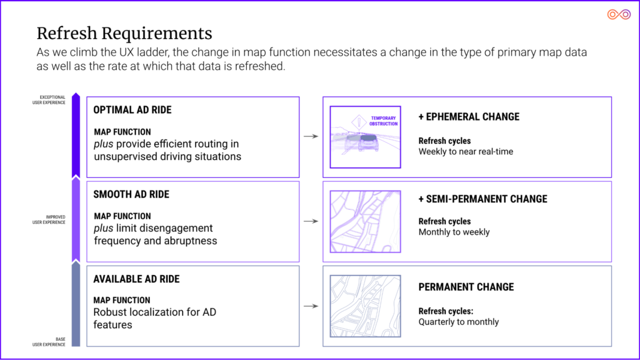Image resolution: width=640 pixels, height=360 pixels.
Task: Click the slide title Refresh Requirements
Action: [125, 34]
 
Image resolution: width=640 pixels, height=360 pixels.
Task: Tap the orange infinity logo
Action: [619, 15]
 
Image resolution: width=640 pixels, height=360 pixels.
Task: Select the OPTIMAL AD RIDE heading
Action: [132, 110]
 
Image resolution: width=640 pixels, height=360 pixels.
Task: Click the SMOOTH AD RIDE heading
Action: [131, 194]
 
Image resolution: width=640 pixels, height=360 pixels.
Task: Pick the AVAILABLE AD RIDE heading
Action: [136, 279]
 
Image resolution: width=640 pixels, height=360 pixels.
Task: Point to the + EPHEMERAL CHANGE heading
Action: [469, 117]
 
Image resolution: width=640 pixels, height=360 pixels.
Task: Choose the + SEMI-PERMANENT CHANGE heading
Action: [483, 199]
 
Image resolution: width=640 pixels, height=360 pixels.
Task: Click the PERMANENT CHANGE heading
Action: [466, 287]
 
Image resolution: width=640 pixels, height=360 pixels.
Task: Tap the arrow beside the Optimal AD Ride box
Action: [311, 137]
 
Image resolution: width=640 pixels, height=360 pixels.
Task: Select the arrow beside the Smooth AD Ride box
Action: [311, 221]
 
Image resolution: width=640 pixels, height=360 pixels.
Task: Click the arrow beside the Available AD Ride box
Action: [311, 306]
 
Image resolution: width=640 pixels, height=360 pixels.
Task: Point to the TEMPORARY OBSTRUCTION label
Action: [384, 121]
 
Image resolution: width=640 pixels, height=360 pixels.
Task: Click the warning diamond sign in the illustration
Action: [359, 122]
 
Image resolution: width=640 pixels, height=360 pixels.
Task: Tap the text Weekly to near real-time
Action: [466, 152]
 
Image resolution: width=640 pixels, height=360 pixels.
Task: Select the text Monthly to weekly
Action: [454, 232]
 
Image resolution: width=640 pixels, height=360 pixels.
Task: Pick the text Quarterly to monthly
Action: [458, 322]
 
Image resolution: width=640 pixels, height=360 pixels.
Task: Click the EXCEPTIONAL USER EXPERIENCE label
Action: [49, 100]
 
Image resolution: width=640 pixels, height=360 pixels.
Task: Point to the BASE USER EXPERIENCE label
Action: [49, 342]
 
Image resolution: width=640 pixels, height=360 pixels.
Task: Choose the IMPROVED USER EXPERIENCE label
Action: [49, 220]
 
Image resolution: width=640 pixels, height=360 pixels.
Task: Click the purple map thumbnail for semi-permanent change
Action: [366, 222]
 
